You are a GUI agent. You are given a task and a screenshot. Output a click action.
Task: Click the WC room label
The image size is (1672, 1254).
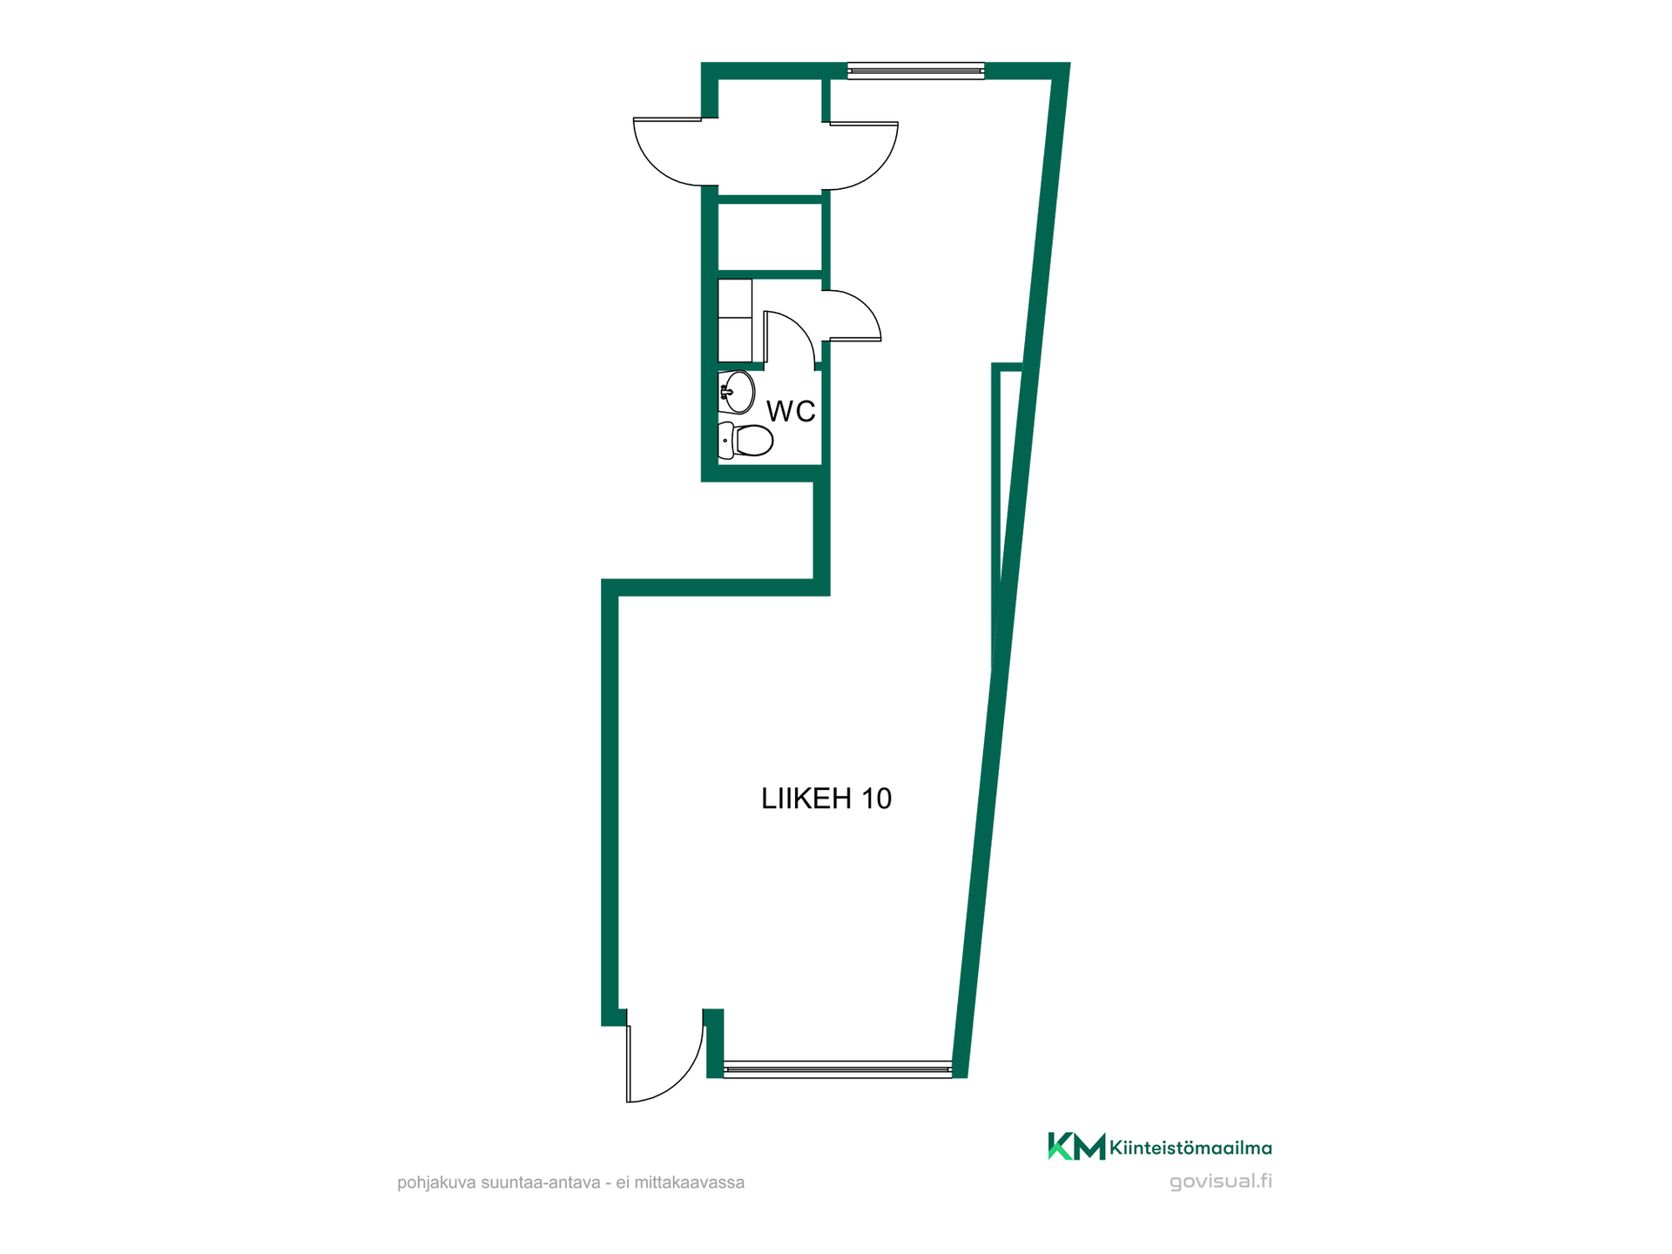[791, 411]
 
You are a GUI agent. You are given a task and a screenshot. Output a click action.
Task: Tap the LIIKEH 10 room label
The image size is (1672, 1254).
[826, 799]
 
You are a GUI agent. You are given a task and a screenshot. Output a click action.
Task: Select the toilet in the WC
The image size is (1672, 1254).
[745, 441]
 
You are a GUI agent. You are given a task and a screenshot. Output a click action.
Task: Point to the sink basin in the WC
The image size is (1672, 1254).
[737, 393]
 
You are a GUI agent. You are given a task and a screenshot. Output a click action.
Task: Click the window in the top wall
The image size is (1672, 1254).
[915, 71]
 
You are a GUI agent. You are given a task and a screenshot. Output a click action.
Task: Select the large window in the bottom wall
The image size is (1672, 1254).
[838, 1069]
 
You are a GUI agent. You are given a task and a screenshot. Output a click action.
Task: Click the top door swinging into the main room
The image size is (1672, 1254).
[862, 156]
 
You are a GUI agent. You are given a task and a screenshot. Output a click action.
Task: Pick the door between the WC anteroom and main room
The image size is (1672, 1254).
[853, 314]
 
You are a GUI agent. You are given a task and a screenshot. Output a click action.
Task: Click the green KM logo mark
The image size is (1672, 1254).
[1076, 1146]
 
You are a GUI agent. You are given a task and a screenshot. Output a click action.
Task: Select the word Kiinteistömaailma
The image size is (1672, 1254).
[1190, 1149]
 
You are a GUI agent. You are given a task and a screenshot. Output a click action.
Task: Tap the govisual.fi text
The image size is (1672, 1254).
[1220, 1182]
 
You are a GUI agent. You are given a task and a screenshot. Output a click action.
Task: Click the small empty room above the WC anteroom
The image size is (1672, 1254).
[770, 237]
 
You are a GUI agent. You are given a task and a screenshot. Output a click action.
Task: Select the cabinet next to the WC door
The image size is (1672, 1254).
[735, 320]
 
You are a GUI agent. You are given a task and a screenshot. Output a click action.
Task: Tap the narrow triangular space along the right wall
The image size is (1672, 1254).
[1007, 488]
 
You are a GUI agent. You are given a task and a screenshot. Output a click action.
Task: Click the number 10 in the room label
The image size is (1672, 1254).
[877, 799]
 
